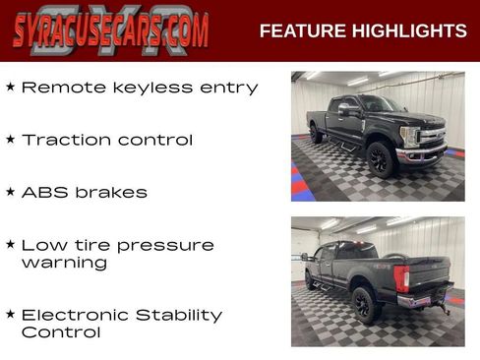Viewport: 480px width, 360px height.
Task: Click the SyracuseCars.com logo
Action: point(110,30)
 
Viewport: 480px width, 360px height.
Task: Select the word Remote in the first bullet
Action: point(58,88)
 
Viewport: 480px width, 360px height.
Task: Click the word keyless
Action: point(145,89)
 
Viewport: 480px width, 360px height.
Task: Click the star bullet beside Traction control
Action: point(10,140)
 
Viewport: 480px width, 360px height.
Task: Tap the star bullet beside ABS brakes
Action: point(10,192)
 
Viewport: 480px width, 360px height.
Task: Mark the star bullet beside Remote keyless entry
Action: point(10,88)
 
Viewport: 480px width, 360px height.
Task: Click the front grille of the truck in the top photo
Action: point(434,136)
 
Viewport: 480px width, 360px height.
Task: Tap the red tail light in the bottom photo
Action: point(401,278)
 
